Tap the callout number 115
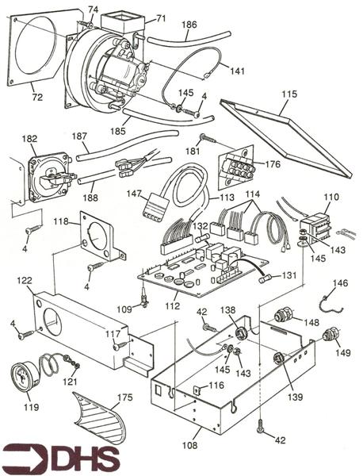click(289, 94)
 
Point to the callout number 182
click(29, 139)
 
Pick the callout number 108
click(190, 445)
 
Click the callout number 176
click(273, 164)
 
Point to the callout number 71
click(161, 18)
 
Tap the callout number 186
click(189, 25)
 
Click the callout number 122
click(25, 280)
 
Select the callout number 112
click(173, 305)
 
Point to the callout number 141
click(236, 71)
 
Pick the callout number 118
click(61, 221)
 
